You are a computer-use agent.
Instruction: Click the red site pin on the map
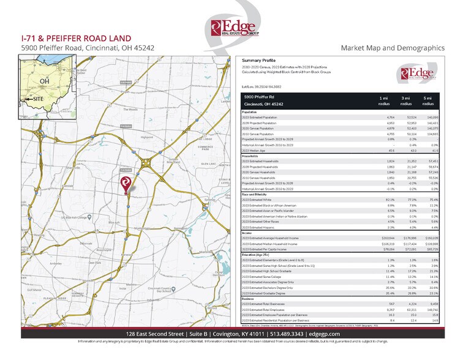pyautogui.click(x=126, y=182)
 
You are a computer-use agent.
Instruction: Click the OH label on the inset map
pyautogui.click(x=44, y=81)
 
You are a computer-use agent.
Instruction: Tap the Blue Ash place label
pyautogui.click(x=96, y=222)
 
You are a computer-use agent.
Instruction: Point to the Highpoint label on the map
pyautogui.click(x=146, y=137)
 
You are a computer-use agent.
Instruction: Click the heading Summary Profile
pyautogui.click(x=260, y=61)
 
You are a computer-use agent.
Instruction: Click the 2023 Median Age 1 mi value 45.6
pyautogui.click(x=383, y=150)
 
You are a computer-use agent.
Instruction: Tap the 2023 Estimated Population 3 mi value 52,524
pyautogui.click(x=406, y=117)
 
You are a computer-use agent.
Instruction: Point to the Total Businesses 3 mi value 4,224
pyautogui.click(x=407, y=303)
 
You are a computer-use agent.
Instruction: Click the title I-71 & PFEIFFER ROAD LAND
pyautogui.click(x=66, y=37)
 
